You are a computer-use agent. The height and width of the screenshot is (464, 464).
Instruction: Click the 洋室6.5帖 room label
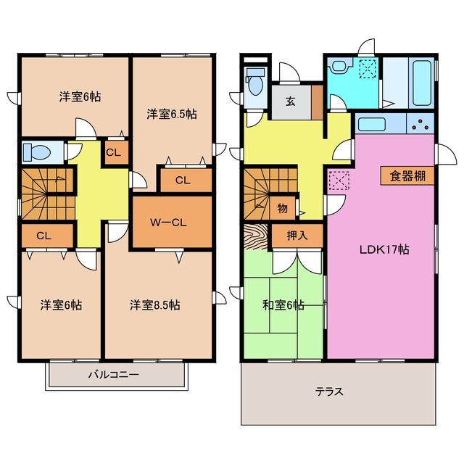(x=172, y=114)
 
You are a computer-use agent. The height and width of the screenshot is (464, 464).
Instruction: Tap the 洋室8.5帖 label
(x=154, y=305)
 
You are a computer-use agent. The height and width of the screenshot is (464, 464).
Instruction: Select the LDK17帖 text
(x=384, y=249)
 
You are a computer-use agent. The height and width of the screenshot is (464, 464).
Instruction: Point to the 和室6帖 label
(x=283, y=305)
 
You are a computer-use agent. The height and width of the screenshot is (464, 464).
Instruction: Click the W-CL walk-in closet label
(x=168, y=223)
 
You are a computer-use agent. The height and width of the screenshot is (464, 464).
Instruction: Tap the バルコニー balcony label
(x=114, y=375)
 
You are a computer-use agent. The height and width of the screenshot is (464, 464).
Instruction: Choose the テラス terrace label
(x=329, y=391)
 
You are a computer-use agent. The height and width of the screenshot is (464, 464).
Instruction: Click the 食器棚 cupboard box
(x=407, y=176)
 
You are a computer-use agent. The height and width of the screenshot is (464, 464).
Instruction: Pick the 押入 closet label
(x=297, y=236)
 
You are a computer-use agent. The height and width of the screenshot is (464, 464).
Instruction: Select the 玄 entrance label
(x=290, y=101)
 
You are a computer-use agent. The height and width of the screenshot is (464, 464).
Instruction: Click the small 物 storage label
(x=282, y=209)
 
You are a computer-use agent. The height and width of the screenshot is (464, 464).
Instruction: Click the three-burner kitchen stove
(x=420, y=123)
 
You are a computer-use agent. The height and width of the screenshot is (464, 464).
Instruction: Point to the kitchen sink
(x=372, y=124)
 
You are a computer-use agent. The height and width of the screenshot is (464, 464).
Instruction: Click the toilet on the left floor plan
(x=37, y=152)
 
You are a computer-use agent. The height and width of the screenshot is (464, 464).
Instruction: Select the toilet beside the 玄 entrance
(x=255, y=81)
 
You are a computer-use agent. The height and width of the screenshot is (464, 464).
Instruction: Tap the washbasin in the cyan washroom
(x=340, y=65)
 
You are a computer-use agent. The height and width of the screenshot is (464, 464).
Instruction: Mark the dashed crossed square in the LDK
(x=339, y=180)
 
